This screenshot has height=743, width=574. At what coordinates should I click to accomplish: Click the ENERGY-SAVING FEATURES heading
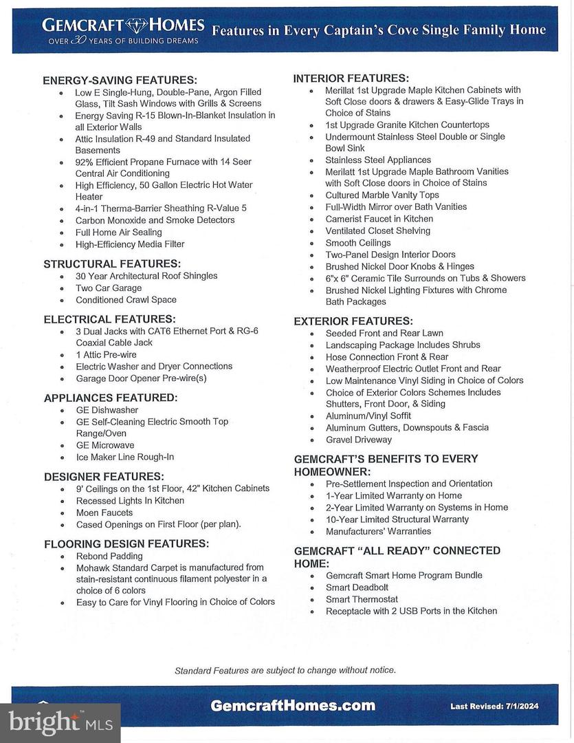tap(120, 80)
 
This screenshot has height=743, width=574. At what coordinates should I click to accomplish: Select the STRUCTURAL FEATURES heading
tap(112, 263)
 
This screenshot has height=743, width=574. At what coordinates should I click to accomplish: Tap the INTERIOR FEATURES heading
tap(351, 78)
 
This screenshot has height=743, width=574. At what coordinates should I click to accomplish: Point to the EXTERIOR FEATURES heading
tap(353, 321)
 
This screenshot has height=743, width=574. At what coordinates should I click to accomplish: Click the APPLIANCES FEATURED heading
tap(111, 398)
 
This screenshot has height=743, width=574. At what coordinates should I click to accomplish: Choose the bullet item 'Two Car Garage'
tap(109, 288)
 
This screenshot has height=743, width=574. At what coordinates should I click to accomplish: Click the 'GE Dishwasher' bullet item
tap(107, 409)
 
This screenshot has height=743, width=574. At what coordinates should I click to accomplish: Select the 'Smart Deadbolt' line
tap(357, 587)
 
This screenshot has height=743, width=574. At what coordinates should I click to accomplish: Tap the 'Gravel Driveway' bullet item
tap(358, 439)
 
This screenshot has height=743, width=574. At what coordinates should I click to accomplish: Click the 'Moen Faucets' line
tap(105, 512)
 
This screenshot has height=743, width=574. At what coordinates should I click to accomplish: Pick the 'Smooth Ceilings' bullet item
tap(357, 242)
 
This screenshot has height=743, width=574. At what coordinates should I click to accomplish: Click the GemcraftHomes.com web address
tap(293, 706)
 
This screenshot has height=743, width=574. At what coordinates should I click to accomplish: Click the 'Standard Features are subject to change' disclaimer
tap(285, 670)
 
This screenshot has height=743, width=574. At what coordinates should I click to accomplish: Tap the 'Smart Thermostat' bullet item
tap(362, 599)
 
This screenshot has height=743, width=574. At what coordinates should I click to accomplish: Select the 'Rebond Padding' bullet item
tap(109, 556)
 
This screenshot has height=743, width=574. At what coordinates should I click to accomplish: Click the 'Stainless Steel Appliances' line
tap(378, 160)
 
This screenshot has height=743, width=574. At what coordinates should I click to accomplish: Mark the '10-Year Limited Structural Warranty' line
tap(397, 519)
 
